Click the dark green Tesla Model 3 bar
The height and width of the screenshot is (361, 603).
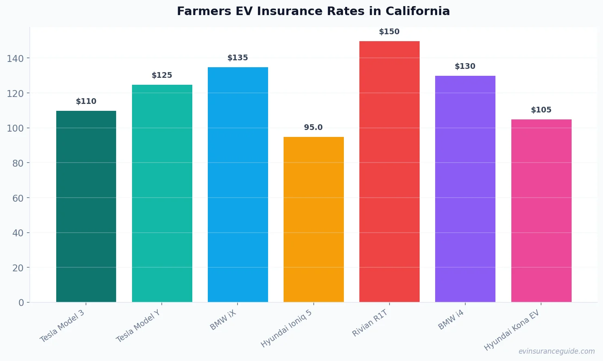[86, 206]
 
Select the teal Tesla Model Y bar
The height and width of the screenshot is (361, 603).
[162, 193]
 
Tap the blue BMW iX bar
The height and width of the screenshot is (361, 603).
[238, 185]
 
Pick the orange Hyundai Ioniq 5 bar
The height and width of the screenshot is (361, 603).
[313, 219]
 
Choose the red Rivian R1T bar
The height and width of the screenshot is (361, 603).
[389, 172]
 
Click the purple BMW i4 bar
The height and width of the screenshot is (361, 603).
[465, 189]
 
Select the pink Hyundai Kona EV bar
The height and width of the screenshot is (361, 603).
[541, 211]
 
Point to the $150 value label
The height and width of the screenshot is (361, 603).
[389, 32]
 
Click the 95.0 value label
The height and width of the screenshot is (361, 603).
[313, 128]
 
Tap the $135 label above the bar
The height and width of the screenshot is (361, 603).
[238, 58]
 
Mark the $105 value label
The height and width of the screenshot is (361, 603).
[541, 110]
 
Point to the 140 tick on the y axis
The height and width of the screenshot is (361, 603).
[15, 59]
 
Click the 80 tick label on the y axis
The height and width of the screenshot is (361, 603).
[18, 163]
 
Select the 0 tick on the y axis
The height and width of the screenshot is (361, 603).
[21, 303]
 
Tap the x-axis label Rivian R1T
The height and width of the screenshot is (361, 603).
[370, 323]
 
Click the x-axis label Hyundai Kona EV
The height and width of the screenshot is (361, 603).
[512, 330]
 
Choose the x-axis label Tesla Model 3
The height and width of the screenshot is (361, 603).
[62, 326]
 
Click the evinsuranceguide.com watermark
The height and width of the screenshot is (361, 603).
[557, 351]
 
